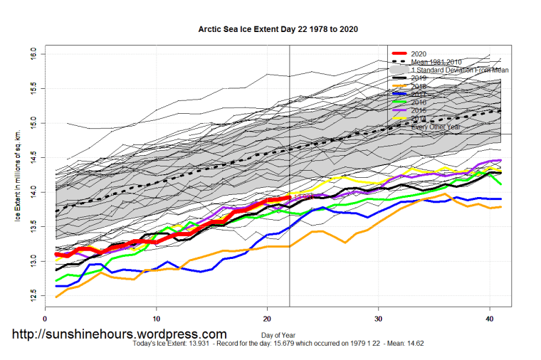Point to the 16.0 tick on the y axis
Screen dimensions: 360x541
coord(33,54)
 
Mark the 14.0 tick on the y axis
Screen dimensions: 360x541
coord(33,192)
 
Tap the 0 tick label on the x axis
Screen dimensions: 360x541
coord(45,319)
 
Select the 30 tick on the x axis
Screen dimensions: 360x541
coord(378,319)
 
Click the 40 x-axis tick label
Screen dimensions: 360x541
coord(489,319)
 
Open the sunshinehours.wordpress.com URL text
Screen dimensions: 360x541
coord(119,334)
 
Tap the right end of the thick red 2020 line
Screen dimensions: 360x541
coord(289,197)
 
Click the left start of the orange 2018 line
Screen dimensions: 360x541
coord(56,297)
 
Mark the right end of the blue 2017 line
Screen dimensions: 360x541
coord(500,199)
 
